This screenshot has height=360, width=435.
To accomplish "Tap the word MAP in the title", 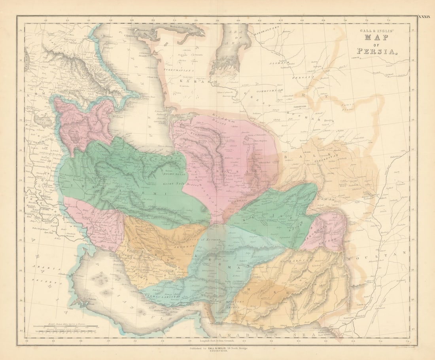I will click(x=376, y=38).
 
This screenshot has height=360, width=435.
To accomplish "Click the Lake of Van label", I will click(x=40, y=121).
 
